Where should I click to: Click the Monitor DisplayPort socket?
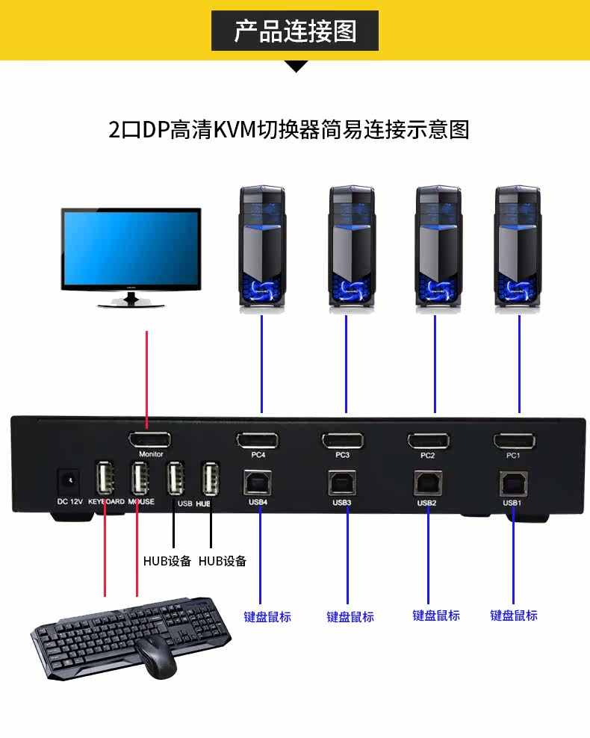[149, 439]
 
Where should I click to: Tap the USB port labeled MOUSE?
[140, 478]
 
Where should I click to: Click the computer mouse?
[155, 657]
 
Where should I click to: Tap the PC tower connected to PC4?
[261, 246]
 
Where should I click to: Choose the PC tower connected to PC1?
[518, 246]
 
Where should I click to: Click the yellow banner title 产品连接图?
[295, 31]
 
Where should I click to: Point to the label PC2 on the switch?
[427, 455]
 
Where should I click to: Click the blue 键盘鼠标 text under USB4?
[267, 617]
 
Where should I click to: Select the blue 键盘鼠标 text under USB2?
[436, 615]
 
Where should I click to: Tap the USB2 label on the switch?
[426, 503]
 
